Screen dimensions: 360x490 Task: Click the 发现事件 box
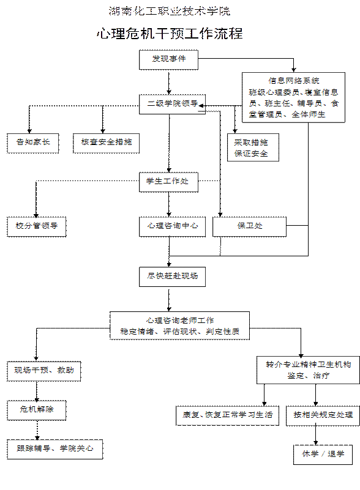pos(168,60)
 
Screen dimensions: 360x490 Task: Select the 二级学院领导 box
pos(172,104)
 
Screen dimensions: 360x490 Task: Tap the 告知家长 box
pos(33,143)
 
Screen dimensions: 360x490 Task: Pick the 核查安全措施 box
pos(106,143)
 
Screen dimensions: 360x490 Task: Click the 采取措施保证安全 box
pos(253,147)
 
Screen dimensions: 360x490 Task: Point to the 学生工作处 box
pos(168,182)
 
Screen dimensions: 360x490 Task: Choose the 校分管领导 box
pos(37,226)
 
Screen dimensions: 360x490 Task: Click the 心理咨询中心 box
pos(172,226)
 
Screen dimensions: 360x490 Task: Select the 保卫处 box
pos(249,226)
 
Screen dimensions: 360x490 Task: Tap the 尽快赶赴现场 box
pos(172,277)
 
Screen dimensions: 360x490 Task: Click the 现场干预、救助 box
pos(44,371)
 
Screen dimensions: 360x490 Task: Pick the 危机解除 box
pos(37,410)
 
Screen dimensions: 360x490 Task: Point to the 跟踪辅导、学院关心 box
pos(54,450)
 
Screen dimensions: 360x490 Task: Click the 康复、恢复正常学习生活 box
pos(227,415)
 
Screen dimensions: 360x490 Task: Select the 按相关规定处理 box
pos(323,415)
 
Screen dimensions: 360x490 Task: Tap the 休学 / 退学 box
pos(323,455)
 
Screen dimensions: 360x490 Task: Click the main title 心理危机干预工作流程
pos(170,34)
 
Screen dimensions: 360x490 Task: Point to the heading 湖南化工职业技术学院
pos(170,11)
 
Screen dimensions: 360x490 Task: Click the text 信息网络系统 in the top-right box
pos(294,81)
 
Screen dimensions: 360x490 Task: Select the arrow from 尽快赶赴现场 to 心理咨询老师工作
pos(169,299)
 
